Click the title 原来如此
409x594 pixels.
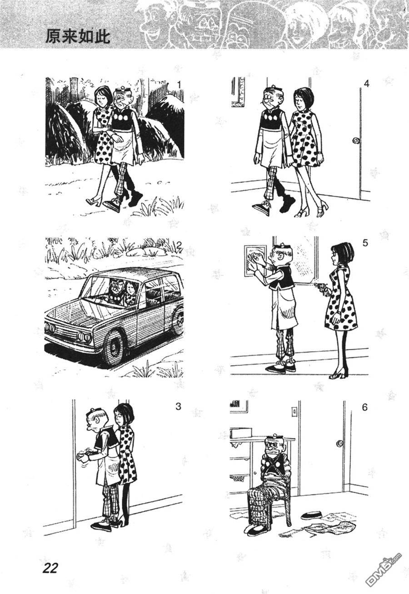tap(78, 36)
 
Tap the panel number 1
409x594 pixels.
tap(179, 85)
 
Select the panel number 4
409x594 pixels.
tap(366, 84)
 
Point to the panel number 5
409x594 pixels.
tap(365, 243)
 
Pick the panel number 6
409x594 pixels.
tap(364, 407)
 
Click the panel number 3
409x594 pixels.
tap(178, 406)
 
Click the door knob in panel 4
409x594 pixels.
tap(355, 140)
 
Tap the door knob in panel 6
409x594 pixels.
tap(339, 443)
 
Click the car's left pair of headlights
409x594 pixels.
tap(51, 328)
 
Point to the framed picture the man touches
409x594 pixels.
tap(255, 261)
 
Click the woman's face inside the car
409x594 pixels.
tap(130, 287)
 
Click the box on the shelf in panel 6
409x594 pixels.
tap(241, 432)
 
